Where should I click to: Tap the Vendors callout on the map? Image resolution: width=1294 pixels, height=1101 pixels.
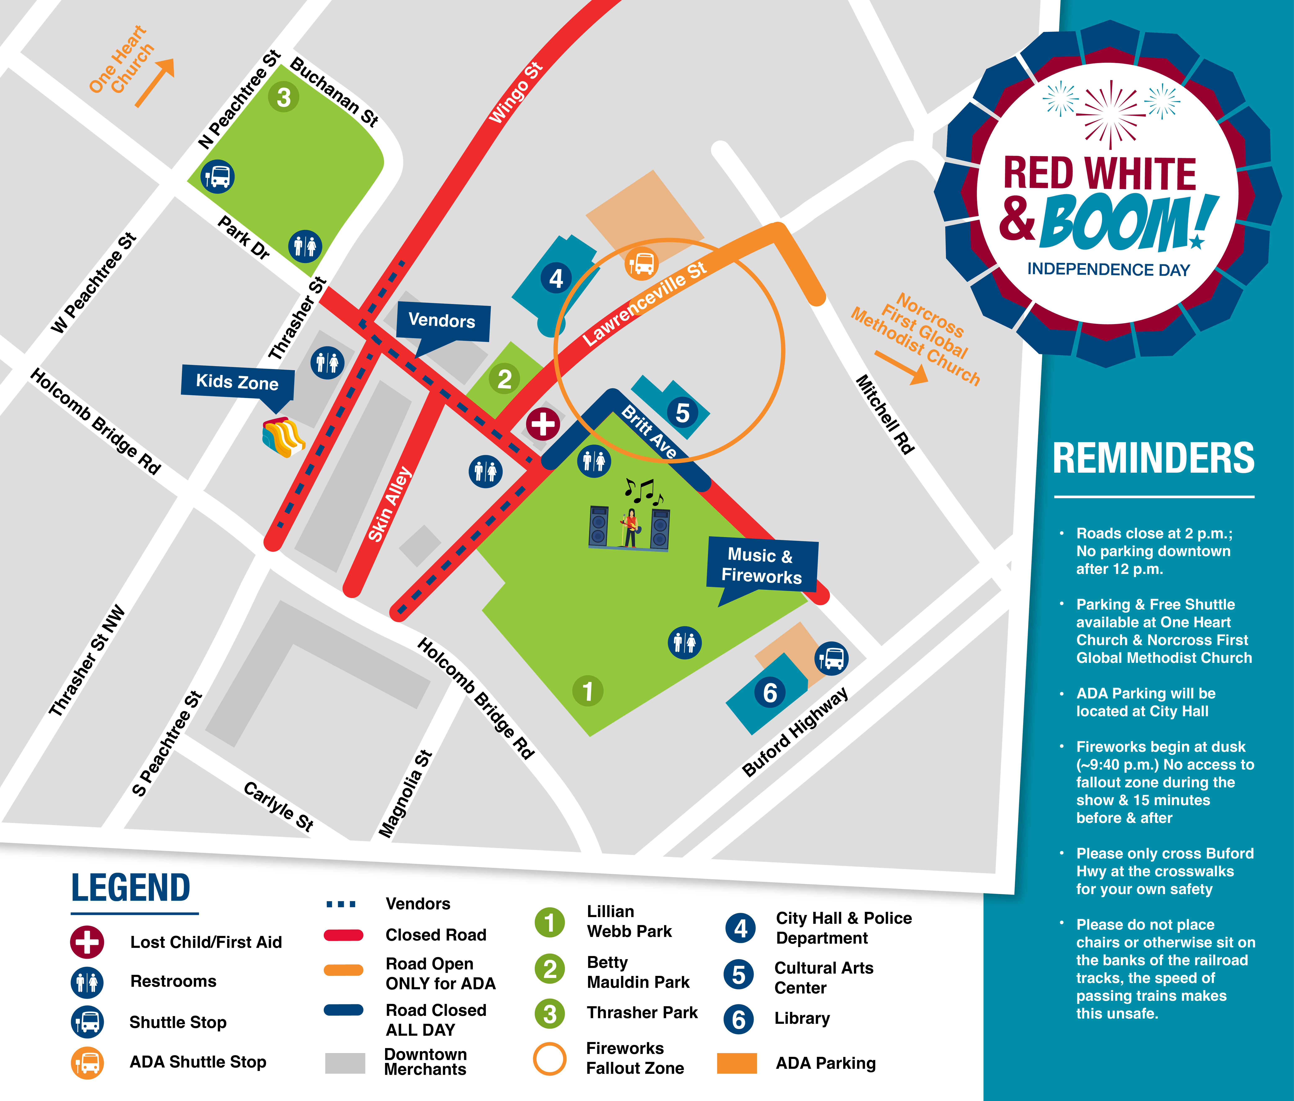click(442, 321)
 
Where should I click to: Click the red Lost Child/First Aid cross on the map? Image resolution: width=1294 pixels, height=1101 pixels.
click(542, 424)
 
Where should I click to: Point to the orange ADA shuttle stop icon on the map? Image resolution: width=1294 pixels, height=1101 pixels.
click(641, 263)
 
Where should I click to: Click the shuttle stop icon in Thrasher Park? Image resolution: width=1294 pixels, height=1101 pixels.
click(217, 177)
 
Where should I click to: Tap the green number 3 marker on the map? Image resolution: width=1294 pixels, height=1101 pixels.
click(283, 97)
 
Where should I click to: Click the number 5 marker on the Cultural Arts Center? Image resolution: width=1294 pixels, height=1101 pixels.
click(682, 413)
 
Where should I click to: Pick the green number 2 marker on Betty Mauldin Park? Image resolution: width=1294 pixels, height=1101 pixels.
click(504, 379)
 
